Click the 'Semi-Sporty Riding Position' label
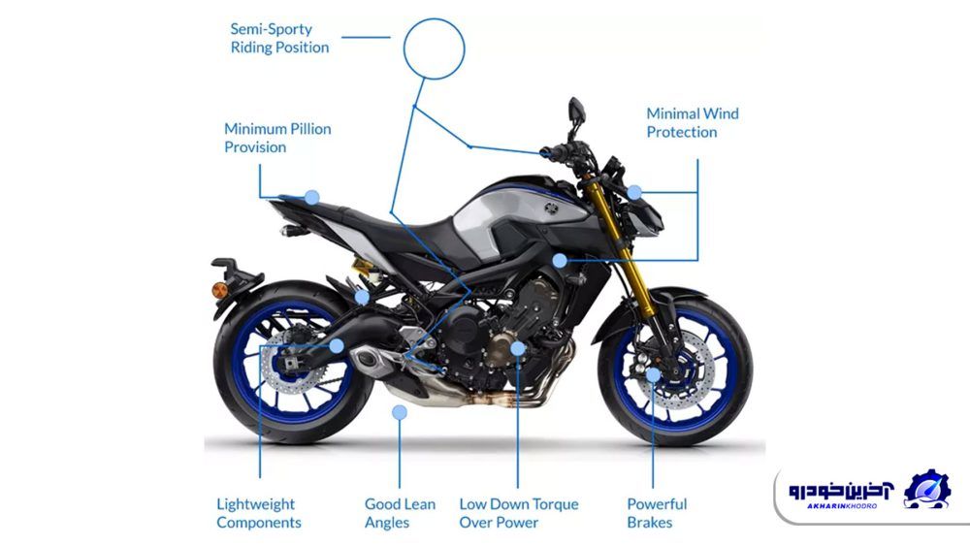point(279,39)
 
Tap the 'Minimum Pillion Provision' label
point(277,138)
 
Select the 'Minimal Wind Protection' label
point(693,122)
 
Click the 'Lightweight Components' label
point(259,513)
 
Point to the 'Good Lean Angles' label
point(400,513)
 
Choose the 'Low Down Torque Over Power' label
point(518,513)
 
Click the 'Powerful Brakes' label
point(657,513)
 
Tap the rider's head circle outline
point(435,48)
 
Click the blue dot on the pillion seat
point(311,197)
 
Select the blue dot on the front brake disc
point(653,374)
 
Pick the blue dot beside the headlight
point(634,193)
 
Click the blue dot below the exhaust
point(400,412)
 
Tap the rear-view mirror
point(576,110)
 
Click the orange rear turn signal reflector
point(219,289)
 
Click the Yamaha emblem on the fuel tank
point(551,208)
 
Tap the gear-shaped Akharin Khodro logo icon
point(926,489)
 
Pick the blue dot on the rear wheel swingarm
point(337,345)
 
